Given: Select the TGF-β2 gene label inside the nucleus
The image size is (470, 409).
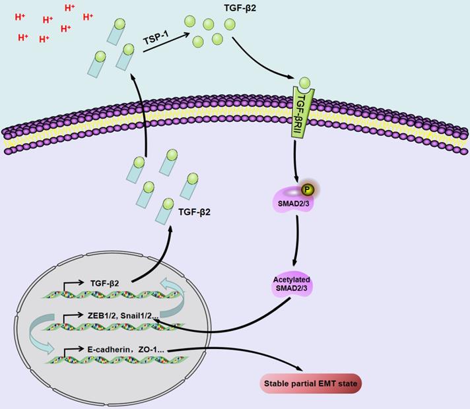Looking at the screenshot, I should point(106,284).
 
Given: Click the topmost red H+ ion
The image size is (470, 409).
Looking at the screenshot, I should point(70,9).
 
